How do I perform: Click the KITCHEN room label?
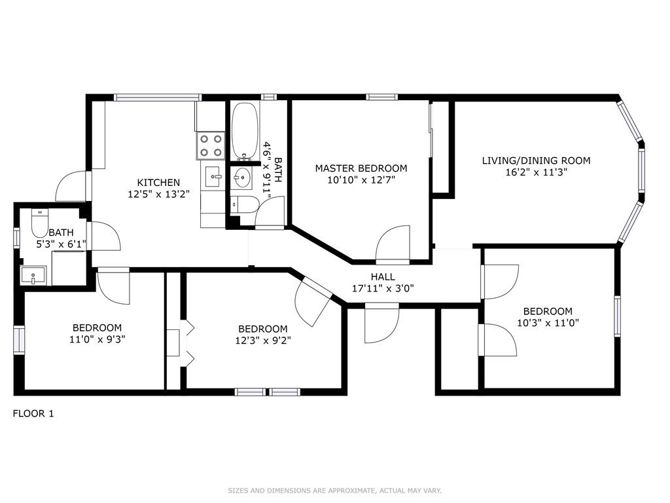(x=158, y=183)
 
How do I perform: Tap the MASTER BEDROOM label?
(x=361, y=168)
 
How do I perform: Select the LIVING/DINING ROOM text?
(x=537, y=161)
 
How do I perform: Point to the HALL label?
(x=383, y=277)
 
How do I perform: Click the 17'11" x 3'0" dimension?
(x=383, y=288)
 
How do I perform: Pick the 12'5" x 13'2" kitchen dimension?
(x=158, y=194)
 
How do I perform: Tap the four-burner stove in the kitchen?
(x=211, y=145)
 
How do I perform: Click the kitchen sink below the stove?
(x=213, y=177)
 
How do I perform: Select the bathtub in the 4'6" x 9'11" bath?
(x=245, y=131)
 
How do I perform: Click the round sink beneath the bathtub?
(x=242, y=177)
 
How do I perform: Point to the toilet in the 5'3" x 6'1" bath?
(x=40, y=223)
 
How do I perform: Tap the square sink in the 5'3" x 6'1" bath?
(x=33, y=275)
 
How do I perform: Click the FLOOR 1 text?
(x=33, y=414)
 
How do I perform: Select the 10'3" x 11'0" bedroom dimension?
(x=548, y=323)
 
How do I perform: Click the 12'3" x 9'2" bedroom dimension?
(x=263, y=341)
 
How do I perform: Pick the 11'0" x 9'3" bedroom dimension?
(x=97, y=339)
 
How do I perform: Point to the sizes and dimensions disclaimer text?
(x=334, y=491)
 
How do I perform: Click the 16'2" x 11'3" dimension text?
(x=537, y=172)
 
